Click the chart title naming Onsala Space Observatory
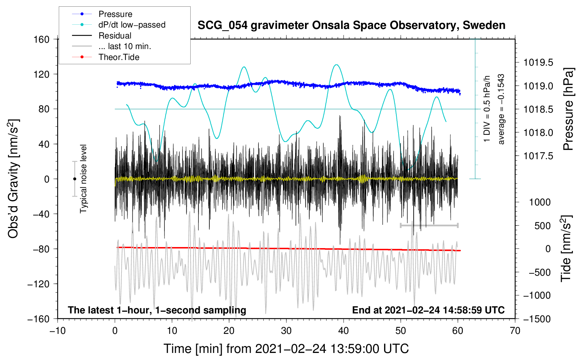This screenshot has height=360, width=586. (x=351, y=25)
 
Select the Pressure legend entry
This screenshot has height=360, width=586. (x=115, y=14)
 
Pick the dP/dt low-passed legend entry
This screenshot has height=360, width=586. (x=132, y=25)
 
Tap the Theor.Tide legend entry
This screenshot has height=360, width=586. (x=119, y=57)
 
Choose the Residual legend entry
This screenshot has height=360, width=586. (x=115, y=36)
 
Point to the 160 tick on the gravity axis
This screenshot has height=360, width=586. (x=41, y=39)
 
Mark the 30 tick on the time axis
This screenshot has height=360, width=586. (x=286, y=331)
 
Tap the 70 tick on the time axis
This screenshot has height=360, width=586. (x=515, y=331)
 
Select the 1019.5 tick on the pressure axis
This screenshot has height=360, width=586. (x=538, y=63)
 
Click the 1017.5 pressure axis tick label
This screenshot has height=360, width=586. (x=538, y=156)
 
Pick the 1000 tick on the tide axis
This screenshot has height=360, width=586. (x=540, y=202)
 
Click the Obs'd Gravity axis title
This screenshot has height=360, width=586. (x=13, y=179)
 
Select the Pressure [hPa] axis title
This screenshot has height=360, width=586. (x=569, y=109)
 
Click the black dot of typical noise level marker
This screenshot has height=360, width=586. (x=74, y=179)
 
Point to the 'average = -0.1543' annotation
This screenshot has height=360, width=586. (x=501, y=109)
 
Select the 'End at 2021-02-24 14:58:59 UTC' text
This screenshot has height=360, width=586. (x=428, y=310)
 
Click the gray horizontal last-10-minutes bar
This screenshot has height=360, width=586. (x=429, y=225)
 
